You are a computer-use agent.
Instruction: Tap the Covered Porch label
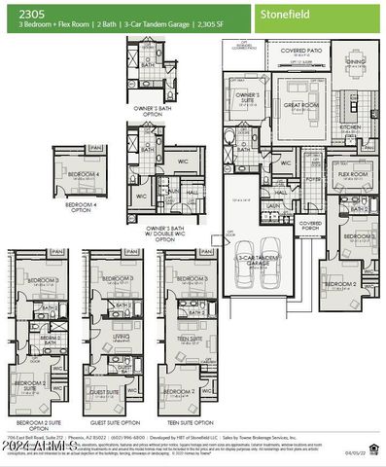click(x=310, y=225)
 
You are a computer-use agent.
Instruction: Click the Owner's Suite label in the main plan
click(x=247, y=97)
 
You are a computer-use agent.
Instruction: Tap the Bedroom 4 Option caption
click(x=82, y=206)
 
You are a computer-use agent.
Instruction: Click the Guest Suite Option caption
click(x=111, y=424)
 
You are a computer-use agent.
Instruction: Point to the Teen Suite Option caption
click(x=188, y=424)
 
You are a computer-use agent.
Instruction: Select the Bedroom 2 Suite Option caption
click(x=39, y=426)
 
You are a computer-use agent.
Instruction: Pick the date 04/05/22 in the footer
click(x=367, y=452)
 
